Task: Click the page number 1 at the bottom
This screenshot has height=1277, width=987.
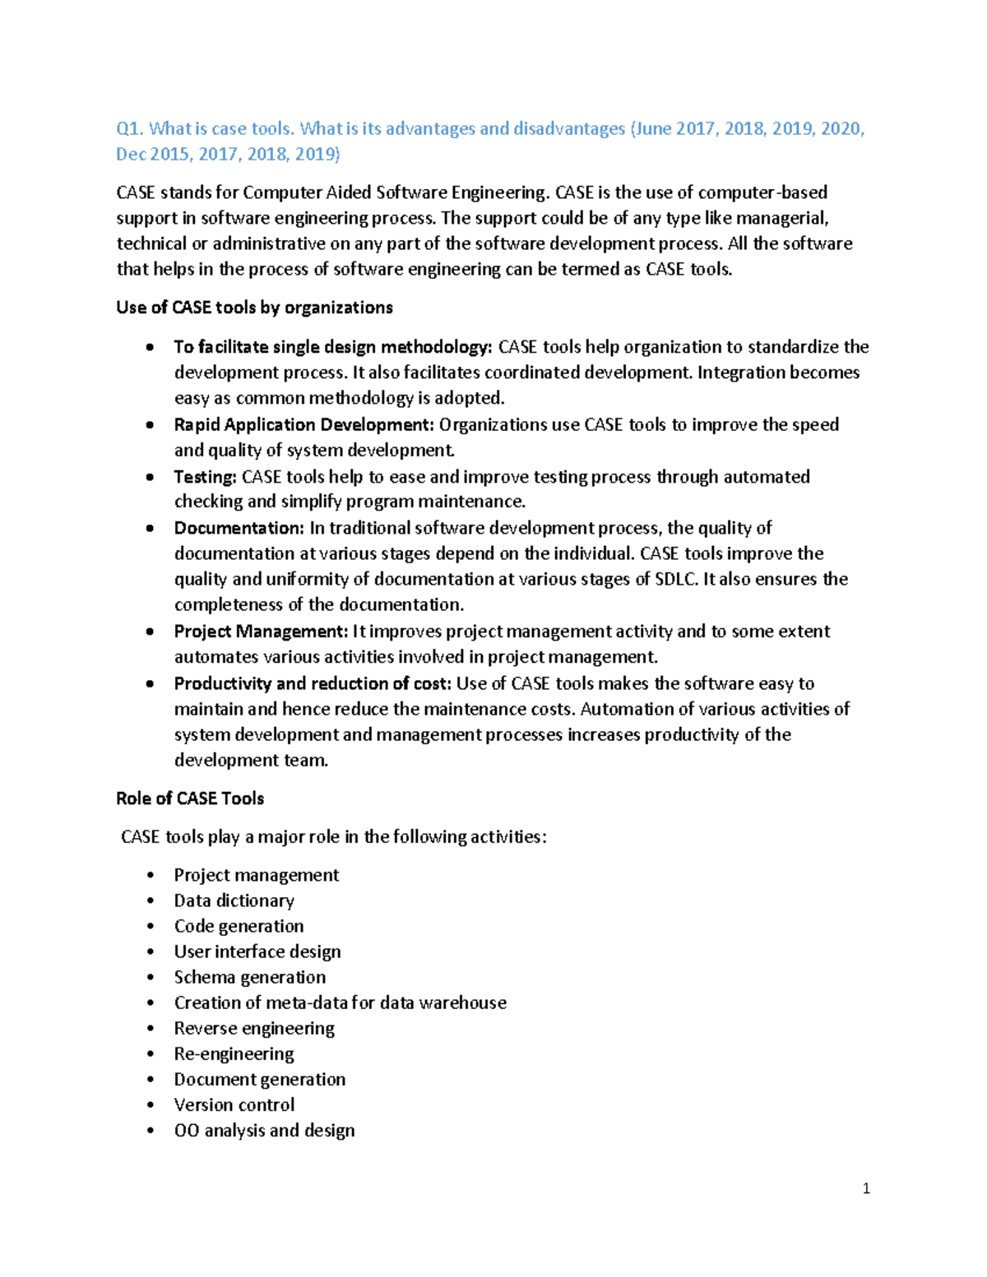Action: [866, 1188]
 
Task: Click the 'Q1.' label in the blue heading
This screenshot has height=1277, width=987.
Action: [130, 129]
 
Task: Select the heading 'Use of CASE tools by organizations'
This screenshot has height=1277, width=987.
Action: [254, 308]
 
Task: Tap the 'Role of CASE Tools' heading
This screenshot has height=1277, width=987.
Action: [190, 798]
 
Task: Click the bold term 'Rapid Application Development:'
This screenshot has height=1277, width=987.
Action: [304, 425]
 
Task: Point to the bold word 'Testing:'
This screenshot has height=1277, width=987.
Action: [205, 477]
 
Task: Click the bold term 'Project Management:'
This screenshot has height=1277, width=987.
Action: [261, 632]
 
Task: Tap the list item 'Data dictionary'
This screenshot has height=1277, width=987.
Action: [234, 900]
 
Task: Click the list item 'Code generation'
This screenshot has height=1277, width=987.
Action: [239, 926]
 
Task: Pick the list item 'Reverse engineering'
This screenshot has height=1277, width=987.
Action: [254, 1028]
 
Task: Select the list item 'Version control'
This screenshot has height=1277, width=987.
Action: [234, 1104]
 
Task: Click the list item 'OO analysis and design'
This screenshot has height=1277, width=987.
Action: [264, 1131]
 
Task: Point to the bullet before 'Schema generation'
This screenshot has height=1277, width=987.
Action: [150, 978]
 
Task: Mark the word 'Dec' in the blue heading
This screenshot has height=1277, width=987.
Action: [130, 155]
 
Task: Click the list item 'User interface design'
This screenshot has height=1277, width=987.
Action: [257, 951]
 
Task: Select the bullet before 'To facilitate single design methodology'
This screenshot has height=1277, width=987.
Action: [150, 348]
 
